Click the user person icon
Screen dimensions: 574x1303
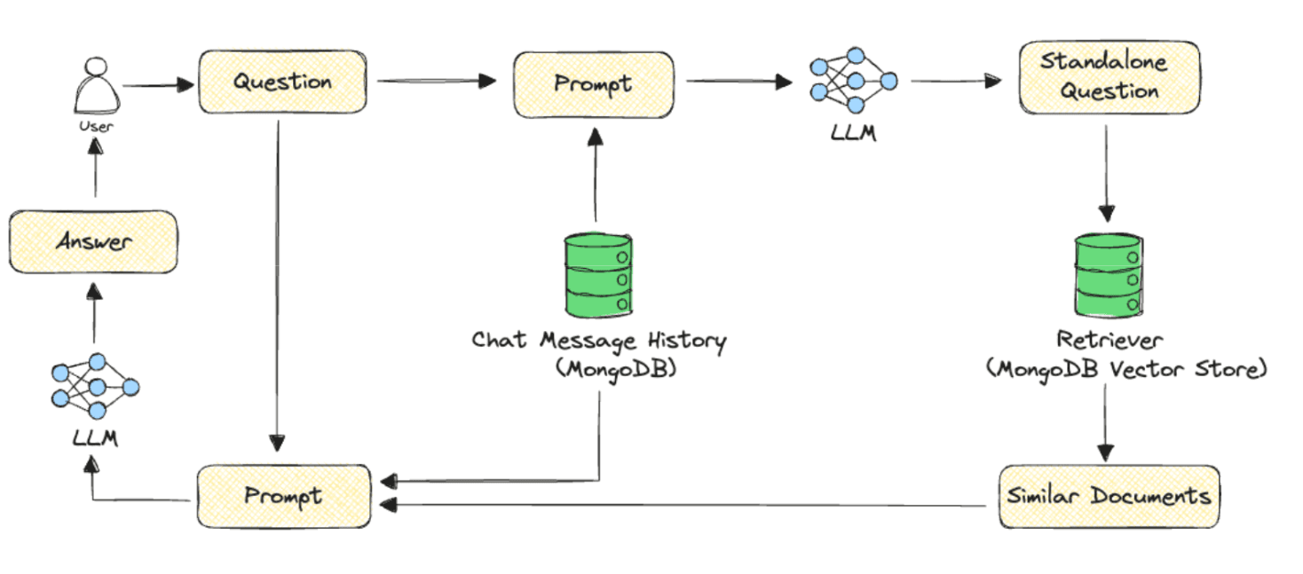point(95,85)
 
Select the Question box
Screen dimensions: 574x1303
point(282,82)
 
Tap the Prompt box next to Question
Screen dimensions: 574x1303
point(593,83)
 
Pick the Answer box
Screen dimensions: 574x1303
point(93,241)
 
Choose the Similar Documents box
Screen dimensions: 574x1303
point(1109,496)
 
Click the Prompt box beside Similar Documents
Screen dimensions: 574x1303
point(283,496)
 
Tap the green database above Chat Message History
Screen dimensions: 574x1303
point(598,275)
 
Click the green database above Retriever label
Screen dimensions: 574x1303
point(1106,277)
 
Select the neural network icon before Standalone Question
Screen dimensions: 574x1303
point(853,82)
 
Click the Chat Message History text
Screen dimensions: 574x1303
point(598,341)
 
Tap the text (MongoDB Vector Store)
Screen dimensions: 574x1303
point(1126,369)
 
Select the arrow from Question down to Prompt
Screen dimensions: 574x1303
point(279,284)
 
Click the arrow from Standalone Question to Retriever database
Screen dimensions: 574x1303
point(1106,173)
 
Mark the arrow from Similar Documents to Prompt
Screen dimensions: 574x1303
point(683,506)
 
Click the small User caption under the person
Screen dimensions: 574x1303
point(96,127)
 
